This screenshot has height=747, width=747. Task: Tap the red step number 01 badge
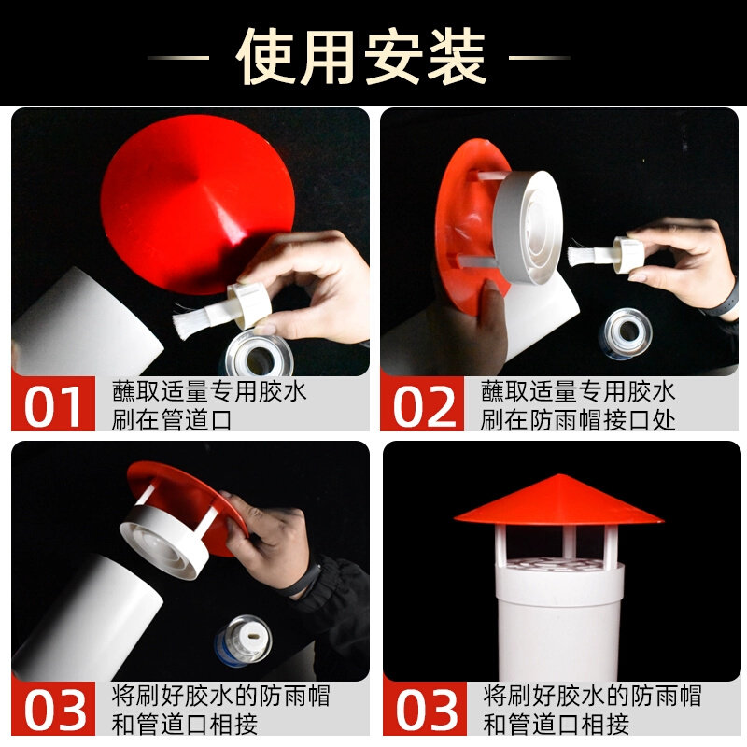coord(52,404)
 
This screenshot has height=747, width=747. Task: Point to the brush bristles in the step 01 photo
coord(196,321)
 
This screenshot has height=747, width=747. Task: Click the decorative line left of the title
coord(177,58)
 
